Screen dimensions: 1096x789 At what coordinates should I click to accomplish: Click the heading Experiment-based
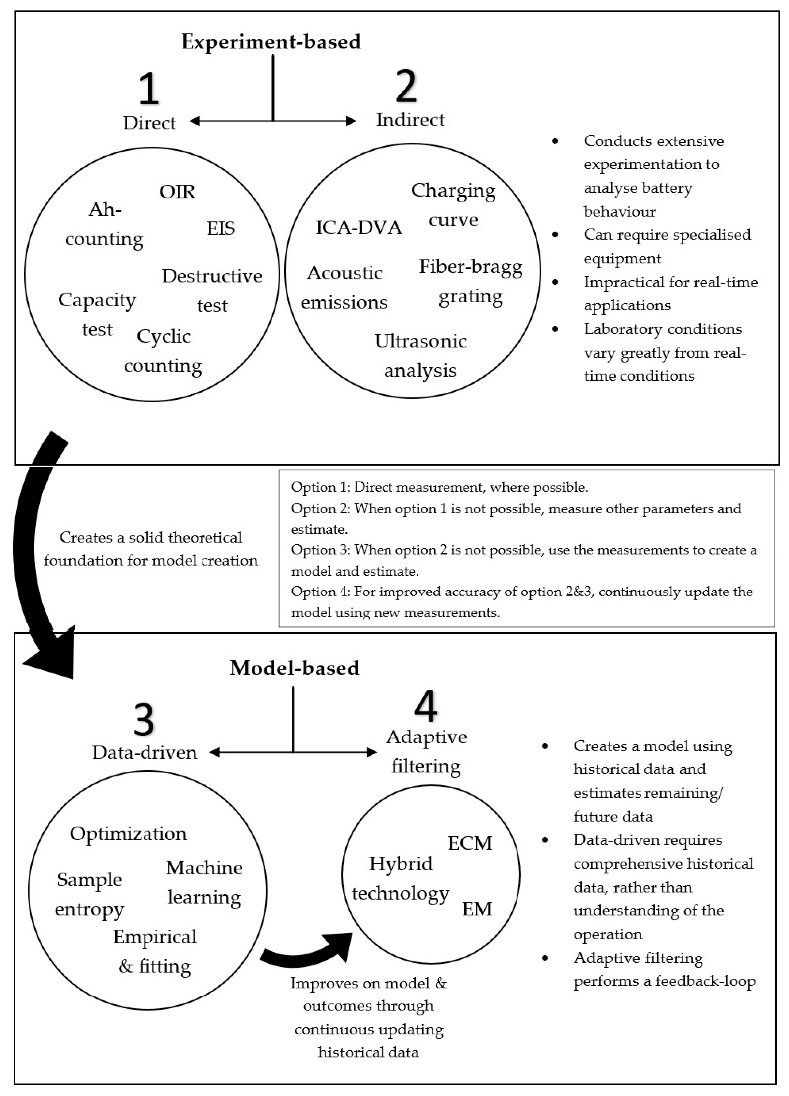(x=271, y=42)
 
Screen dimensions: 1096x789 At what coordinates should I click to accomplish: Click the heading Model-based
(x=294, y=668)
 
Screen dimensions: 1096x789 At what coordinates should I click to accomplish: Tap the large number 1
(x=148, y=88)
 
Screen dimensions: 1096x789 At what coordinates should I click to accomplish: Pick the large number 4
(x=426, y=705)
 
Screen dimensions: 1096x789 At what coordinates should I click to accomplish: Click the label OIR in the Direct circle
(x=177, y=192)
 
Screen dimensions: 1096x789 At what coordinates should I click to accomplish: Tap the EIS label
(x=221, y=228)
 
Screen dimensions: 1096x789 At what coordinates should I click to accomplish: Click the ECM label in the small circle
(x=470, y=843)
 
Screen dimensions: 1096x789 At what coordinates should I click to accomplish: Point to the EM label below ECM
(x=477, y=908)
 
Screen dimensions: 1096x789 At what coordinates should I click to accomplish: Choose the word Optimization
(x=128, y=833)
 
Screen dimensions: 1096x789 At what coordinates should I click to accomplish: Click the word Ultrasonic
(x=420, y=341)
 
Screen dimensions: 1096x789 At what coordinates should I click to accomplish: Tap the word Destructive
(x=212, y=276)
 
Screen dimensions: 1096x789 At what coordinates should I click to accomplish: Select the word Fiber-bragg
(x=470, y=267)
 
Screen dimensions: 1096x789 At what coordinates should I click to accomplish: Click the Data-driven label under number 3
(x=144, y=752)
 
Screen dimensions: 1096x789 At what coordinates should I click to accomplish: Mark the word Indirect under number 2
(x=410, y=120)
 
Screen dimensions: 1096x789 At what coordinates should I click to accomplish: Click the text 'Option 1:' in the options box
(x=320, y=487)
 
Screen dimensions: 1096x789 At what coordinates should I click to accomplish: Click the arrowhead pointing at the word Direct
(x=195, y=121)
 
